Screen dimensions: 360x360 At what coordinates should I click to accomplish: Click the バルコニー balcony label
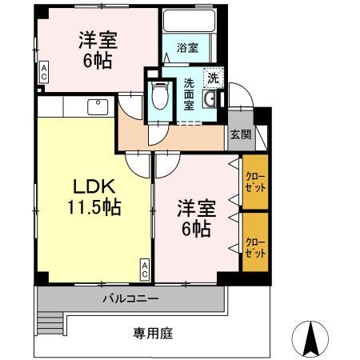coord(130,298)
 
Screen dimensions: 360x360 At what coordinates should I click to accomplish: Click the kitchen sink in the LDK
coord(98,105)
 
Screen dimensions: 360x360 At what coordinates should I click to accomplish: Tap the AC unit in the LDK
coord(145,270)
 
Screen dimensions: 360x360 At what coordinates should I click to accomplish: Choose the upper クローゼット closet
coord(254,182)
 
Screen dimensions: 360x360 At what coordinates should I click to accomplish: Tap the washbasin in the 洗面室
coord(210,99)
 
